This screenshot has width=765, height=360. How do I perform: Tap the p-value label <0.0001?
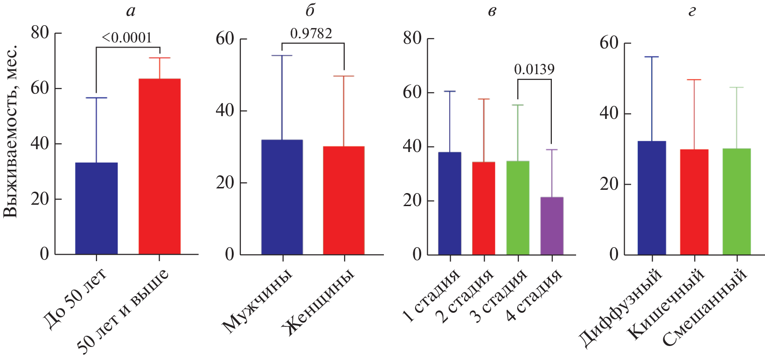[127, 38]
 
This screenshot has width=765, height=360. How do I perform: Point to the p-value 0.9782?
[311, 34]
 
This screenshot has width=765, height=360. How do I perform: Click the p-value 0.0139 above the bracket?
[534, 69]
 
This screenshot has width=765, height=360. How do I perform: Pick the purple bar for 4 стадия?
[552, 226]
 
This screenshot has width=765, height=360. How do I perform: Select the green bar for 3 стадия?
[518, 208]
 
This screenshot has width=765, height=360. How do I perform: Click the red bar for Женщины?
[344, 200]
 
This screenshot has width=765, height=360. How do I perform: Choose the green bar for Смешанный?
[737, 201]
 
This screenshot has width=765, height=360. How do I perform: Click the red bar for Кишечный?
[694, 202]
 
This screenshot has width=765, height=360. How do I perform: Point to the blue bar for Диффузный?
[652, 198]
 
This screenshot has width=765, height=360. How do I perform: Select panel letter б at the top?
[310, 10]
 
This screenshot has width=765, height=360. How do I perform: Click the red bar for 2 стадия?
[484, 208]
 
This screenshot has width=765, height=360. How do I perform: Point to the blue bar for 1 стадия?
[450, 203]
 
